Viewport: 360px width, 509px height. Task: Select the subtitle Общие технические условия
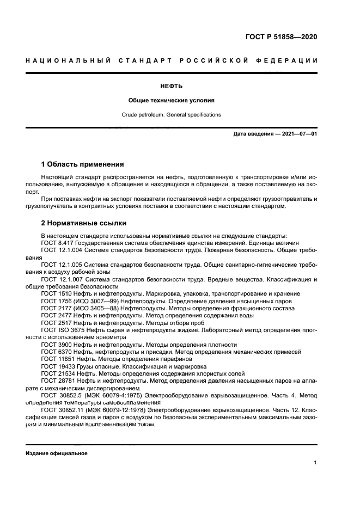[171, 100]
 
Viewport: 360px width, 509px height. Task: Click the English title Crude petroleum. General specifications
[171, 115]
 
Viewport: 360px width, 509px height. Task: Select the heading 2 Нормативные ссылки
[84, 223]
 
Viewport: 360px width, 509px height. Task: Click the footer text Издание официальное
[57, 453]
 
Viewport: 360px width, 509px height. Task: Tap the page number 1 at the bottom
[315, 463]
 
